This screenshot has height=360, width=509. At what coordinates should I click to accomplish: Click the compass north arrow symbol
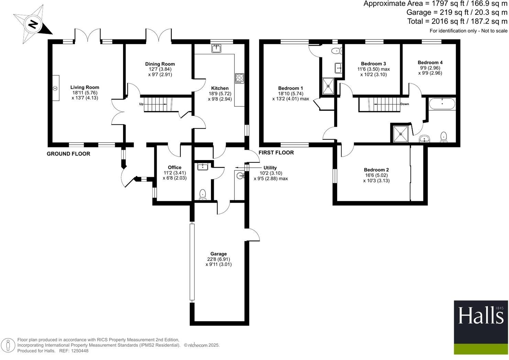[33, 24]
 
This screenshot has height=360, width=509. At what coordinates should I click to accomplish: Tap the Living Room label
[85, 88]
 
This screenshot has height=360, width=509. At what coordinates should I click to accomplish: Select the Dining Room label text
[160, 64]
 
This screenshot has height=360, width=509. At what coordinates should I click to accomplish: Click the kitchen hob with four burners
[239, 78]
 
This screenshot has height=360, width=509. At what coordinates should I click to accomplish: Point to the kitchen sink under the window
[217, 49]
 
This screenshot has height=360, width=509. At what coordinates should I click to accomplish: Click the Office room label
[175, 168]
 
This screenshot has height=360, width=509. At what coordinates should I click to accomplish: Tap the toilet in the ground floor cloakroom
[203, 194]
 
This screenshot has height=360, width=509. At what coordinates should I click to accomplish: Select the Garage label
[219, 254]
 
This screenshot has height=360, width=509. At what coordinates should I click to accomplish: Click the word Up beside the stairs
[141, 104]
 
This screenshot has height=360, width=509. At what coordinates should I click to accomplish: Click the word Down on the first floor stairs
[405, 104]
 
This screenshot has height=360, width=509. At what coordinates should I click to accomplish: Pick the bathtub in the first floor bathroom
[442, 103]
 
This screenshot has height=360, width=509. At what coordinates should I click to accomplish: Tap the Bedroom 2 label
[376, 170]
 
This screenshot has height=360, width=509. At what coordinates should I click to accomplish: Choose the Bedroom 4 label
[430, 63]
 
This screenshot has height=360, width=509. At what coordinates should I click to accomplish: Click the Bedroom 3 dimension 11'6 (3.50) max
[374, 69]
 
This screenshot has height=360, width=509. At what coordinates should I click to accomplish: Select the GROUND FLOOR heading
[68, 154]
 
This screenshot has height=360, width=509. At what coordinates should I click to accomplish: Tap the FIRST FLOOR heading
[276, 153]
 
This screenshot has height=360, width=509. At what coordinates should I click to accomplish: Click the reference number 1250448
[79, 351]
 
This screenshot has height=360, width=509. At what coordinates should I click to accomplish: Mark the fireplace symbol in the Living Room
[55, 88]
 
